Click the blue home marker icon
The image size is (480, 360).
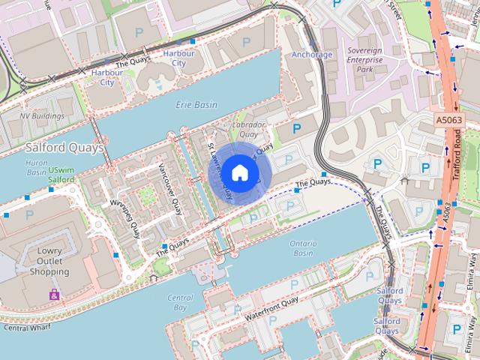[239, 172]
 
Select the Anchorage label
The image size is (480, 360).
[311, 55]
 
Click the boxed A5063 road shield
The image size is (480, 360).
[449, 120]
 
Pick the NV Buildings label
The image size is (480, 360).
[41, 116]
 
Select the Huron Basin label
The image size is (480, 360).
[36, 166]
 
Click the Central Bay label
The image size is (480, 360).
[178, 302]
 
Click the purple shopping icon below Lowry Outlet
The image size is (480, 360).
[53, 295]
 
